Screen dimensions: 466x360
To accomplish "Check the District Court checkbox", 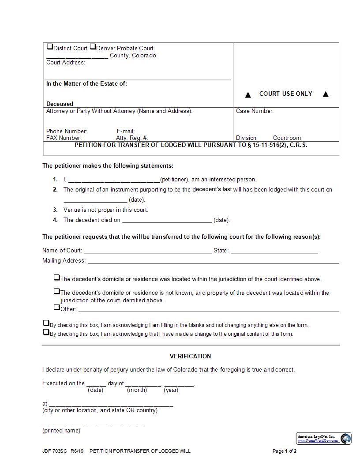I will [x=50, y=47].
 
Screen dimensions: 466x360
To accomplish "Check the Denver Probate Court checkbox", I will [x=93, y=47].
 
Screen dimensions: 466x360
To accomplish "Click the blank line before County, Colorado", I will [x=77, y=56].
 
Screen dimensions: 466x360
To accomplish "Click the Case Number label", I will [x=255, y=111].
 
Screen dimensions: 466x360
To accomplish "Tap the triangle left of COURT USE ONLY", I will [x=248, y=94].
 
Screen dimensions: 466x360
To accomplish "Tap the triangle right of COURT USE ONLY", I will [x=326, y=94].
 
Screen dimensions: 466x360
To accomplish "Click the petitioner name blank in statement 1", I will [x=114, y=180].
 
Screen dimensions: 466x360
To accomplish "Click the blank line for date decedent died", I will [x=167, y=221].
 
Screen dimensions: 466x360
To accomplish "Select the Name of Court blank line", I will [x=148, y=251].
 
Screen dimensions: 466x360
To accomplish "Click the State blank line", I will [x=274, y=251].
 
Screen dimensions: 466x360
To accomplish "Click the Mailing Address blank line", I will [x=213, y=261].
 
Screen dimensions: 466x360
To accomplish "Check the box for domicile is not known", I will [x=56, y=291].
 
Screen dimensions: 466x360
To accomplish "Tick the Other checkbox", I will [x=56, y=307].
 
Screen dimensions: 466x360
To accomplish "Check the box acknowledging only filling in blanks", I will [x=46, y=323].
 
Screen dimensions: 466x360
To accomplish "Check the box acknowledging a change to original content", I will [x=46, y=332].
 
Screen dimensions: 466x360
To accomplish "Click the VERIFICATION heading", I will [x=190, y=356].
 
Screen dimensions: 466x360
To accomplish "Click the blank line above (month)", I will [x=137, y=384].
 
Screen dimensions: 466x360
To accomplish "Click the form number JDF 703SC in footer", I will [x=52, y=451].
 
